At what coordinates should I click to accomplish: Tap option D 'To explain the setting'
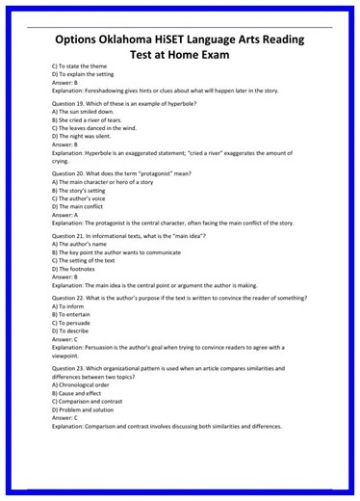point(81,73)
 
